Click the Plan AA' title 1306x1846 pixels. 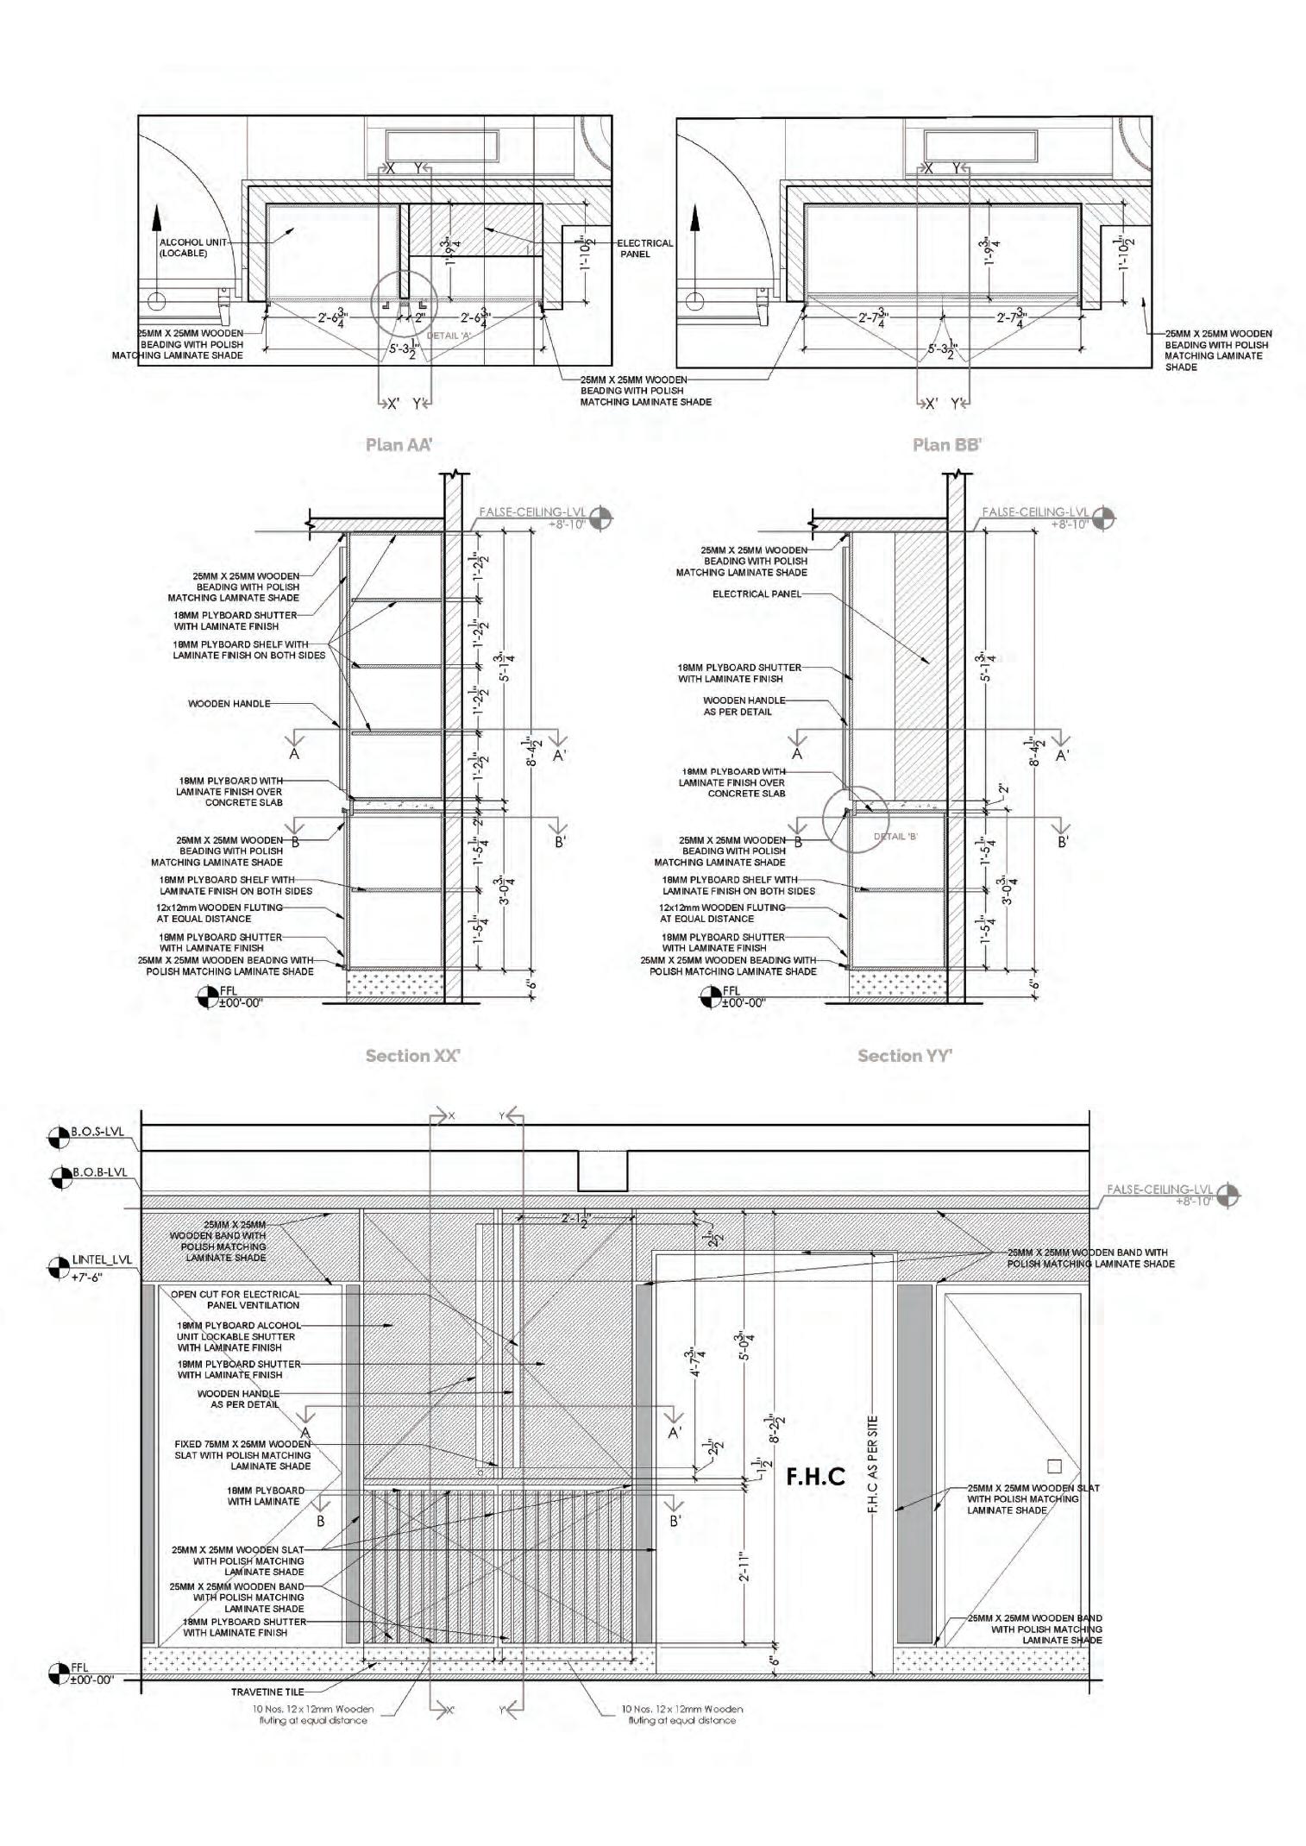pyautogui.click(x=399, y=445)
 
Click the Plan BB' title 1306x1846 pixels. pyautogui.click(x=947, y=445)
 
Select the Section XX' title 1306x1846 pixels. pyautogui.click(x=412, y=1056)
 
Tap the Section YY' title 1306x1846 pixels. pyautogui.click(x=904, y=1056)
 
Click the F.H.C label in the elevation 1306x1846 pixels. pyautogui.click(x=815, y=1478)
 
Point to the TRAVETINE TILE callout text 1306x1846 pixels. pyautogui.click(x=267, y=1692)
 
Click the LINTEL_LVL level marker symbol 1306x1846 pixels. pyautogui.click(x=59, y=1267)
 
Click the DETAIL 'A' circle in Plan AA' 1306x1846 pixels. pyautogui.click(x=405, y=303)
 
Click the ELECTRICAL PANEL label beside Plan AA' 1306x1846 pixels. pyautogui.click(x=644, y=248)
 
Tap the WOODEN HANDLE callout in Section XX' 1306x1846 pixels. pyautogui.click(x=229, y=704)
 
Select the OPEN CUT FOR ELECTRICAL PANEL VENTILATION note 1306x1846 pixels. pyautogui.click(x=235, y=1299)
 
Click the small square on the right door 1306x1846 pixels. pyautogui.click(x=1053, y=1466)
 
